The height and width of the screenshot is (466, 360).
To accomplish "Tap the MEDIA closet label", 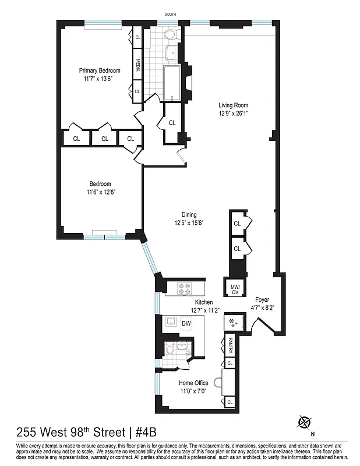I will (138, 65).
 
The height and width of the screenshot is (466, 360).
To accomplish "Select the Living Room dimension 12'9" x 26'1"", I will (233, 114).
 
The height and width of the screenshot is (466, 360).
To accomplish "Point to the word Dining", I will (188, 214).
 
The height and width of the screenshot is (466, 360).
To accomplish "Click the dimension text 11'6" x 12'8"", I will (100, 192).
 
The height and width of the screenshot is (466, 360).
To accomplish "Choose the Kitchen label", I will (203, 302).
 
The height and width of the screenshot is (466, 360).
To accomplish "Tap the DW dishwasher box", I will (186, 324).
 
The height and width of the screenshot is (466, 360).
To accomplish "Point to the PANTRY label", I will (230, 345).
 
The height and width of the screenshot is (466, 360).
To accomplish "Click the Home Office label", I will (193, 383).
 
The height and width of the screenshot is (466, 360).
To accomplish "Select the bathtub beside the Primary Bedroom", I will (172, 80).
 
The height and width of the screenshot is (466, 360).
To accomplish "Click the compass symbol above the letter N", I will (303, 421).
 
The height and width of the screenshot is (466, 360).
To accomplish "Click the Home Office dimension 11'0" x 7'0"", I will (193, 391).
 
